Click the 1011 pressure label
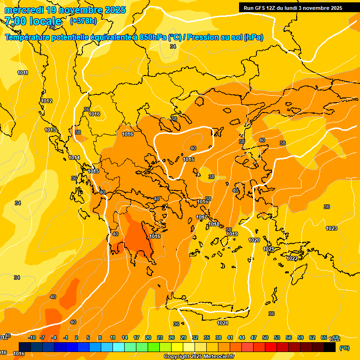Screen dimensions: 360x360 22,73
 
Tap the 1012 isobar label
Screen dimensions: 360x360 46,101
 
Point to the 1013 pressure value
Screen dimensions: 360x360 51,130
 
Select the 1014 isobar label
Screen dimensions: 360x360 74,157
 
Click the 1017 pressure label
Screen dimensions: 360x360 202,217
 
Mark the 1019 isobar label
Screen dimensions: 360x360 232,234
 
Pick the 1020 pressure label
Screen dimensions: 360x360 254,240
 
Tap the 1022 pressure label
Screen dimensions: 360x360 292,258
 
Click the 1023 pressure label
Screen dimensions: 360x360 331,228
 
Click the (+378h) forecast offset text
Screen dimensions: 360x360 83,21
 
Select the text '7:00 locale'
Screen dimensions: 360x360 34,21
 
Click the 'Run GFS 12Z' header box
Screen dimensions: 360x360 292,8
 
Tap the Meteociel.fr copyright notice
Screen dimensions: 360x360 199,357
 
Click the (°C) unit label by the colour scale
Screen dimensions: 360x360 344,348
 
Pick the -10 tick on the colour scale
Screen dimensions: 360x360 32,337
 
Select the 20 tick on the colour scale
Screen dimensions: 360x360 148,337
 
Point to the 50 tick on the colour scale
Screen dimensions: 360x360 265,337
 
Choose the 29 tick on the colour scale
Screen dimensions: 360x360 183,337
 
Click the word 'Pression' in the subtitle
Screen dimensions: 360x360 202,37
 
